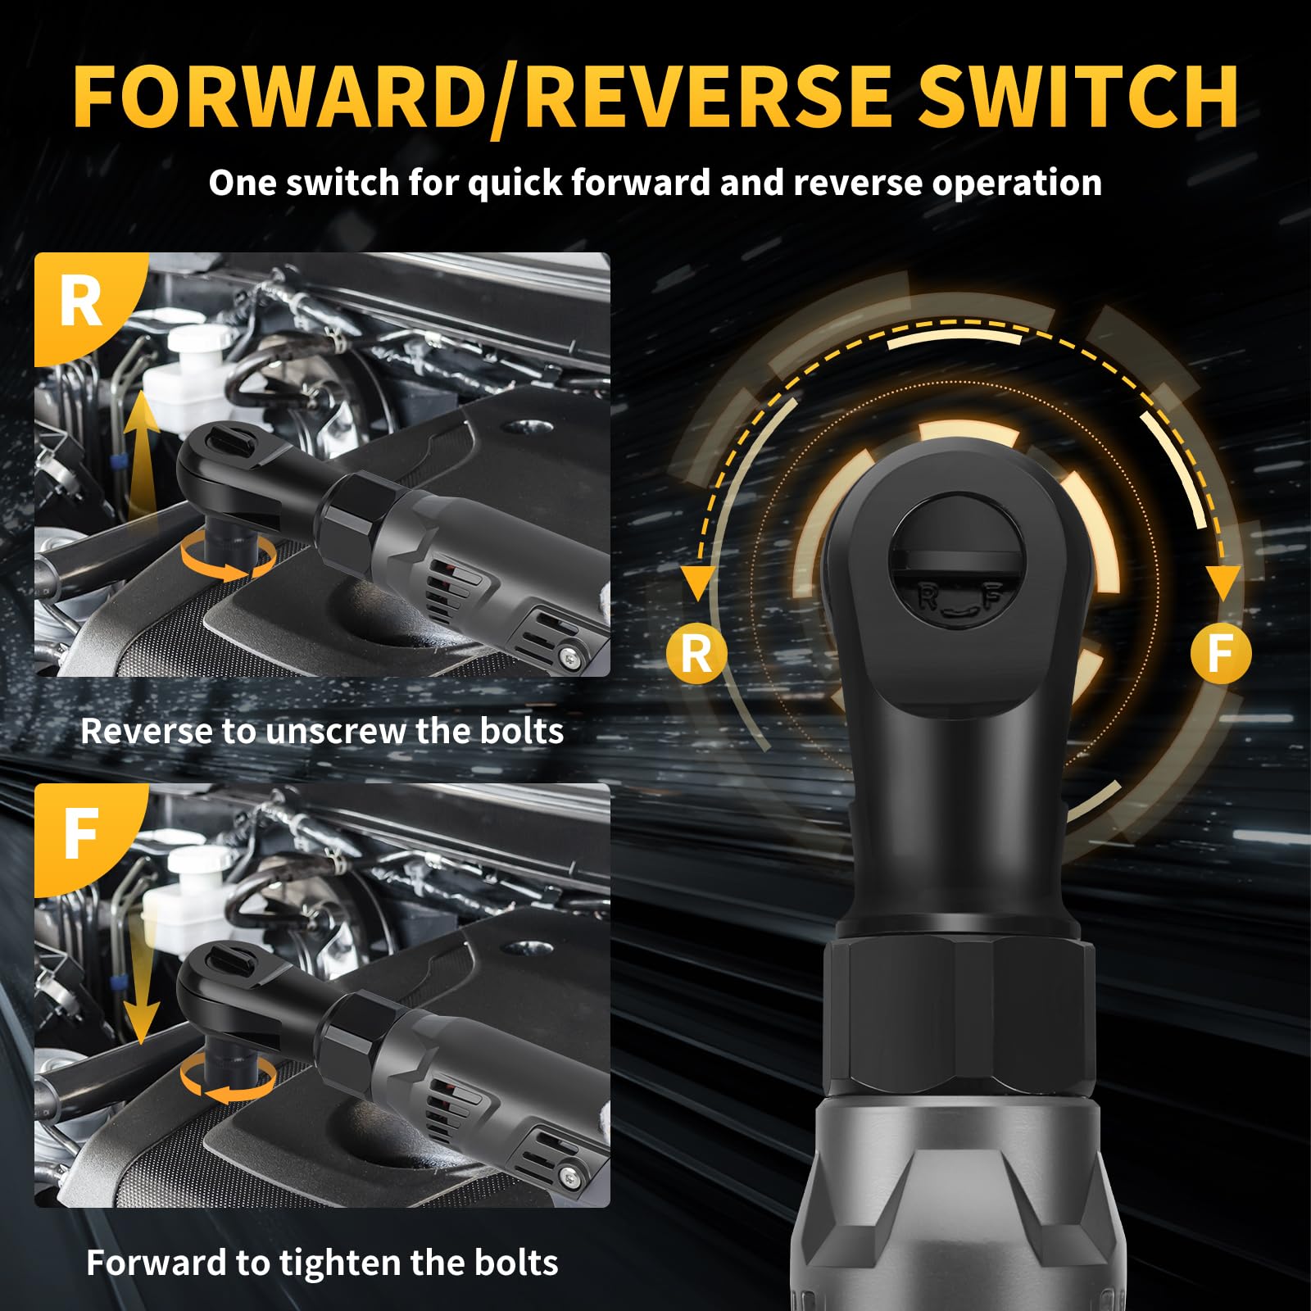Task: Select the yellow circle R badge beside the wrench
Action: pyautogui.click(x=696, y=654)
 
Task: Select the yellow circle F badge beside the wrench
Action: pyautogui.click(x=1220, y=653)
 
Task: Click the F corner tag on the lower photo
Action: pyautogui.click(x=82, y=834)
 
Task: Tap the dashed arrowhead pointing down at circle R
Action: pyautogui.click(x=698, y=584)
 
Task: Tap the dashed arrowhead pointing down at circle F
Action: pyautogui.click(x=1223, y=584)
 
